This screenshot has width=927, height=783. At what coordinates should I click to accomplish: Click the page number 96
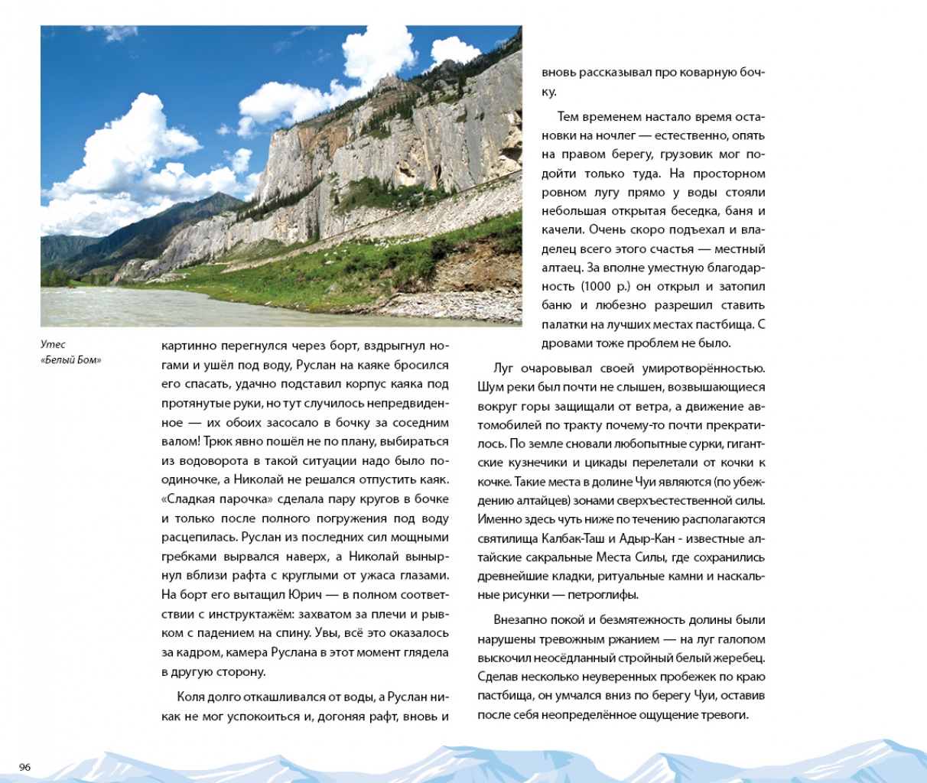point(24,767)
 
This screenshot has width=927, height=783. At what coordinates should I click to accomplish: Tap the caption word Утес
point(54,344)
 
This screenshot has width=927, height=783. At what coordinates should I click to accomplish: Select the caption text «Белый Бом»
point(70,360)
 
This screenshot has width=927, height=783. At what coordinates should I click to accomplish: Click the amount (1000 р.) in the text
point(607,287)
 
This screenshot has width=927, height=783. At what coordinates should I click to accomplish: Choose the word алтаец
point(561,268)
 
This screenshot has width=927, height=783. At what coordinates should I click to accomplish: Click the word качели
point(561,230)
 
